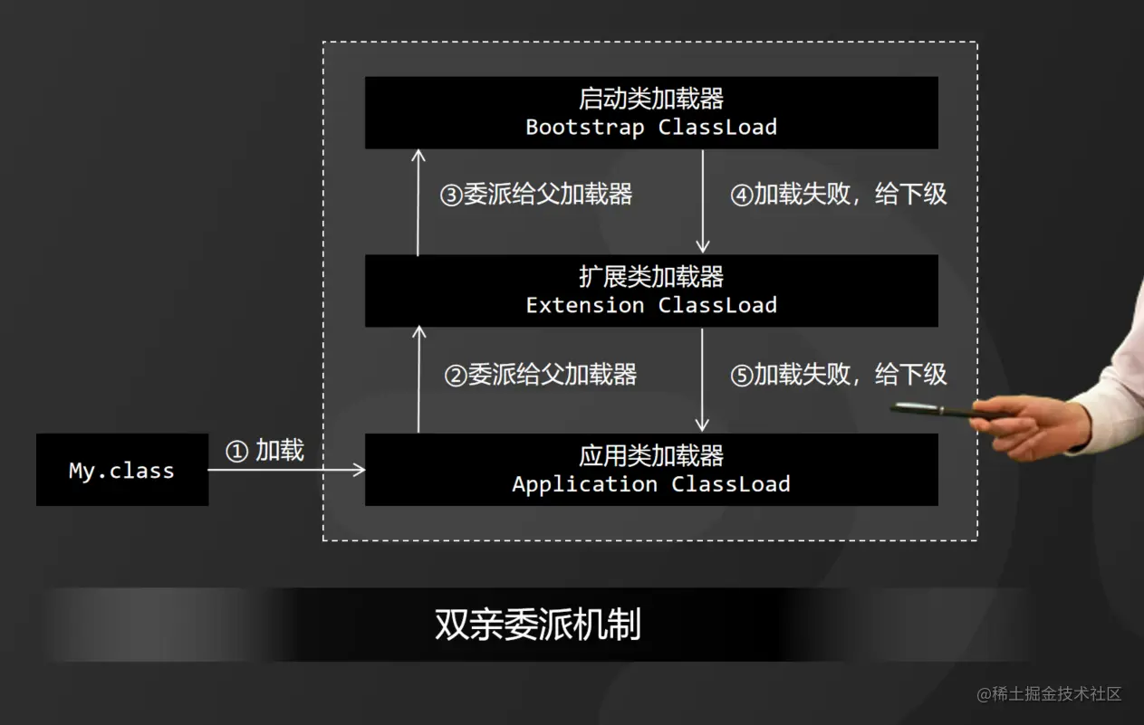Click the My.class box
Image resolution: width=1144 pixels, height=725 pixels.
point(122,470)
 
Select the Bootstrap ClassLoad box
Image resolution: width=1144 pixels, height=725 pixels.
point(651,112)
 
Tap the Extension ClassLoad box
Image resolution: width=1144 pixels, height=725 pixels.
point(651,291)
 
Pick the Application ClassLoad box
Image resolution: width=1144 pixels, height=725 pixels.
point(651,470)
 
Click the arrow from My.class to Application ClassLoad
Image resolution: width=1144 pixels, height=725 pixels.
point(286,470)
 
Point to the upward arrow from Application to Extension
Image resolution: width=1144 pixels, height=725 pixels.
point(418,379)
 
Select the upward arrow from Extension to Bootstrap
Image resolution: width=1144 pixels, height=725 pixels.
point(418,201)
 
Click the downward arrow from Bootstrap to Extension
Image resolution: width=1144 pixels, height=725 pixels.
point(702,201)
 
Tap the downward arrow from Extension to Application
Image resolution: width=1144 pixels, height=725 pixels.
point(702,379)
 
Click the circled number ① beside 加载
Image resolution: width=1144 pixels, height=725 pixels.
point(236,451)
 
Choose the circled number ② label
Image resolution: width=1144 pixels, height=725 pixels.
point(456,376)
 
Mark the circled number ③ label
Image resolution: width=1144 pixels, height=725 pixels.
point(451,196)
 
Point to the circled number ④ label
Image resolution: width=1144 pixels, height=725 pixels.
point(742,196)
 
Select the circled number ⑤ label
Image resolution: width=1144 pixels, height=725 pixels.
point(742,376)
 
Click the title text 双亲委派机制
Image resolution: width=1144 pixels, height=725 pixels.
point(538,625)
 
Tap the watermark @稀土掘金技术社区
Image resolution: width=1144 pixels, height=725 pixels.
point(1049,694)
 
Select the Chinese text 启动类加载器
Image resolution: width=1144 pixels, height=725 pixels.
point(651,98)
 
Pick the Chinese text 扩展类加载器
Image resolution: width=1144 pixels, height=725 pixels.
point(651,276)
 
